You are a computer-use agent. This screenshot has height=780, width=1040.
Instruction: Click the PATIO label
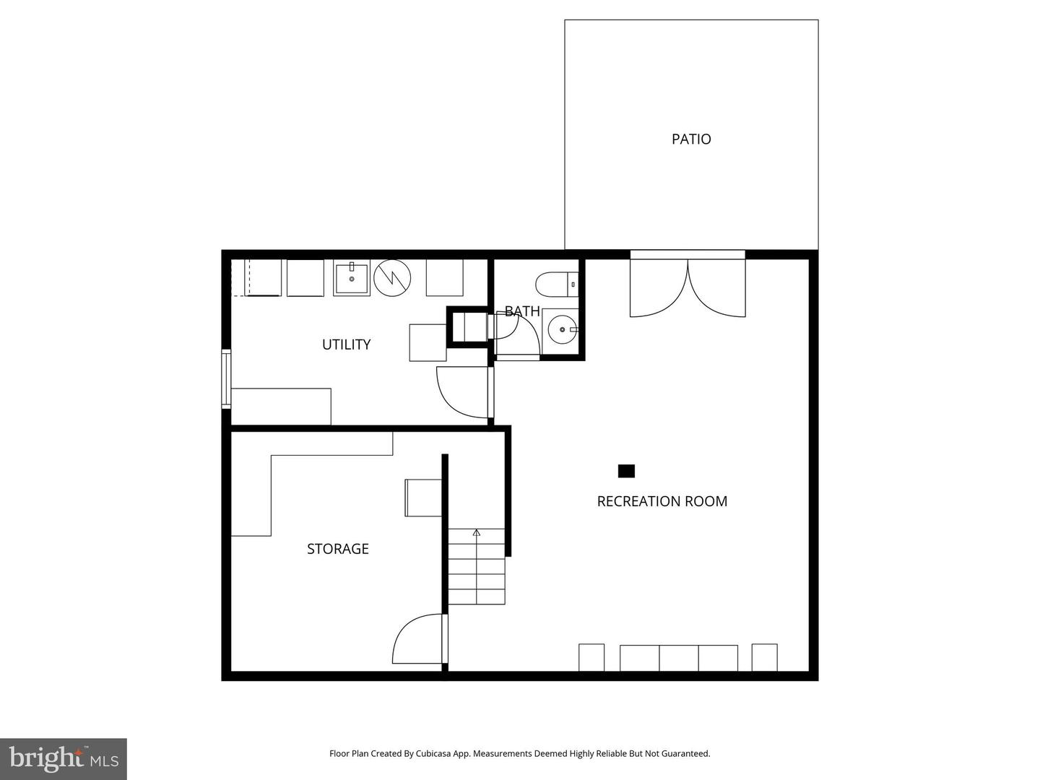pos(691,139)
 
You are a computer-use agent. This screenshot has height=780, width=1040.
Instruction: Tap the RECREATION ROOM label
pos(662,501)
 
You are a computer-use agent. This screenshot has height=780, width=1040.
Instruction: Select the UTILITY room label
pos(346,344)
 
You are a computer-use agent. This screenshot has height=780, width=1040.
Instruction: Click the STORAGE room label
pos(337,549)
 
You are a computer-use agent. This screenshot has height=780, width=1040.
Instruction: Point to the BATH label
pos(521,311)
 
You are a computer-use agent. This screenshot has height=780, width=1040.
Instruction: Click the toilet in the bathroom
pos(557,284)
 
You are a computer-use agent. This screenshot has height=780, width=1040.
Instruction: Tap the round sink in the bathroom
pos(561,331)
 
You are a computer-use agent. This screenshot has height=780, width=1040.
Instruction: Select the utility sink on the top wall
pos(351,279)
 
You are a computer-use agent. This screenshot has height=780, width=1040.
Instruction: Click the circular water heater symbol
pos(392,278)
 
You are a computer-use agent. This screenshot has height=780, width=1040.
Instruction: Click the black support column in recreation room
pos(626,471)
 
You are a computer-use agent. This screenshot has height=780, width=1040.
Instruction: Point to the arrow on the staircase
pos(477,533)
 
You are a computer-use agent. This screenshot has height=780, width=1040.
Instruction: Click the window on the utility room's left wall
pos(226,379)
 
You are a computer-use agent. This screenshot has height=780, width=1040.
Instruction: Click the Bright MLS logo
pos(64,758)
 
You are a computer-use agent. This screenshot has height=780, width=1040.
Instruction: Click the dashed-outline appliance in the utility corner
pos(256,278)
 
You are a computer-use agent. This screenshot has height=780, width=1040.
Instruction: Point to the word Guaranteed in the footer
pos(685,753)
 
